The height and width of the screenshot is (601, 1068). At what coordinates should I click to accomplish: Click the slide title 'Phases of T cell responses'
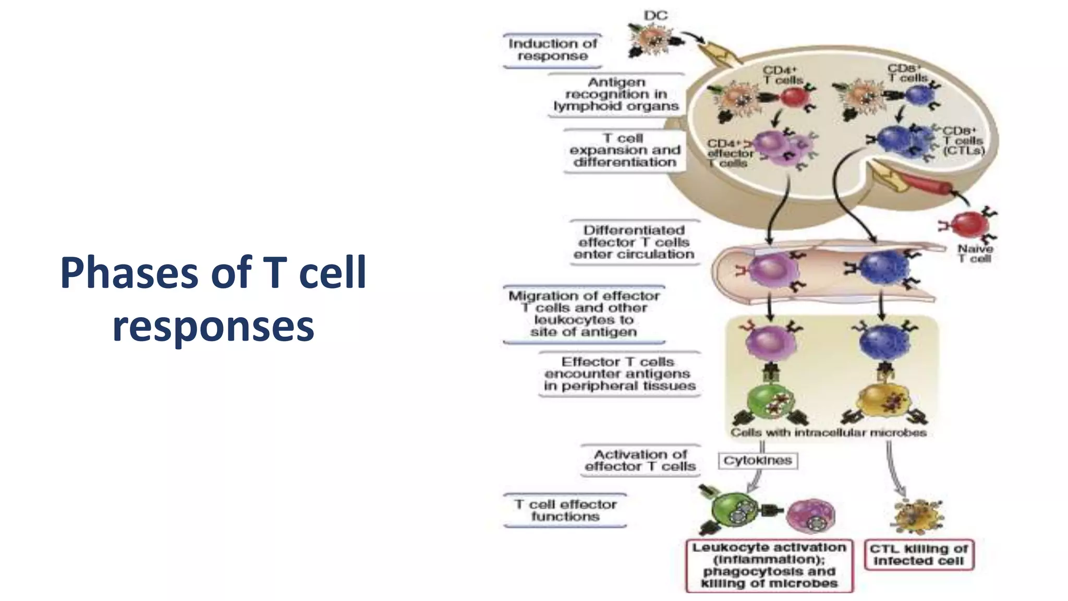click(213, 299)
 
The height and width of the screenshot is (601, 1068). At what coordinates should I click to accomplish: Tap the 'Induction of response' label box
click(552, 50)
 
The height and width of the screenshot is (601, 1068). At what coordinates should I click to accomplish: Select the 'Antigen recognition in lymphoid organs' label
click(616, 94)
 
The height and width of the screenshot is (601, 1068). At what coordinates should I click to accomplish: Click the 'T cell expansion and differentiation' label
click(624, 150)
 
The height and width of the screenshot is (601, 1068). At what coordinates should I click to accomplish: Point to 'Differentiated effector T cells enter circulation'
click(634, 242)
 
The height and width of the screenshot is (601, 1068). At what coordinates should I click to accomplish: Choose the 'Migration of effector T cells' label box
click(584, 314)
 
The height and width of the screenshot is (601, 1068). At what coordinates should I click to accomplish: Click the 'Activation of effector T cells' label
click(640, 460)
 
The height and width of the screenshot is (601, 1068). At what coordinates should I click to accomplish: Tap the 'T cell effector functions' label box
click(565, 510)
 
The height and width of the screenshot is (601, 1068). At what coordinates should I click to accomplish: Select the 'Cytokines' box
click(757, 461)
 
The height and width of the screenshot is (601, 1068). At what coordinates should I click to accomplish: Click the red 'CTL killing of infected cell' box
click(918, 555)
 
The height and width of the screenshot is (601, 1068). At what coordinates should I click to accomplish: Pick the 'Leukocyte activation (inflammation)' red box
click(769, 566)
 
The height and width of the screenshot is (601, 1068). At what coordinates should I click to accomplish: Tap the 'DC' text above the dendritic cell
click(656, 16)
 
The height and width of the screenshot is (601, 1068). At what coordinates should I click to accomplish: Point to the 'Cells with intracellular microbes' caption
click(828, 432)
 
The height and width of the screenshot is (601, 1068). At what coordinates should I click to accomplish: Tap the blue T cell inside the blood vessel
click(883, 269)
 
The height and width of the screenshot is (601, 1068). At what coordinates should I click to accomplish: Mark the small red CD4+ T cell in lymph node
click(793, 98)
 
